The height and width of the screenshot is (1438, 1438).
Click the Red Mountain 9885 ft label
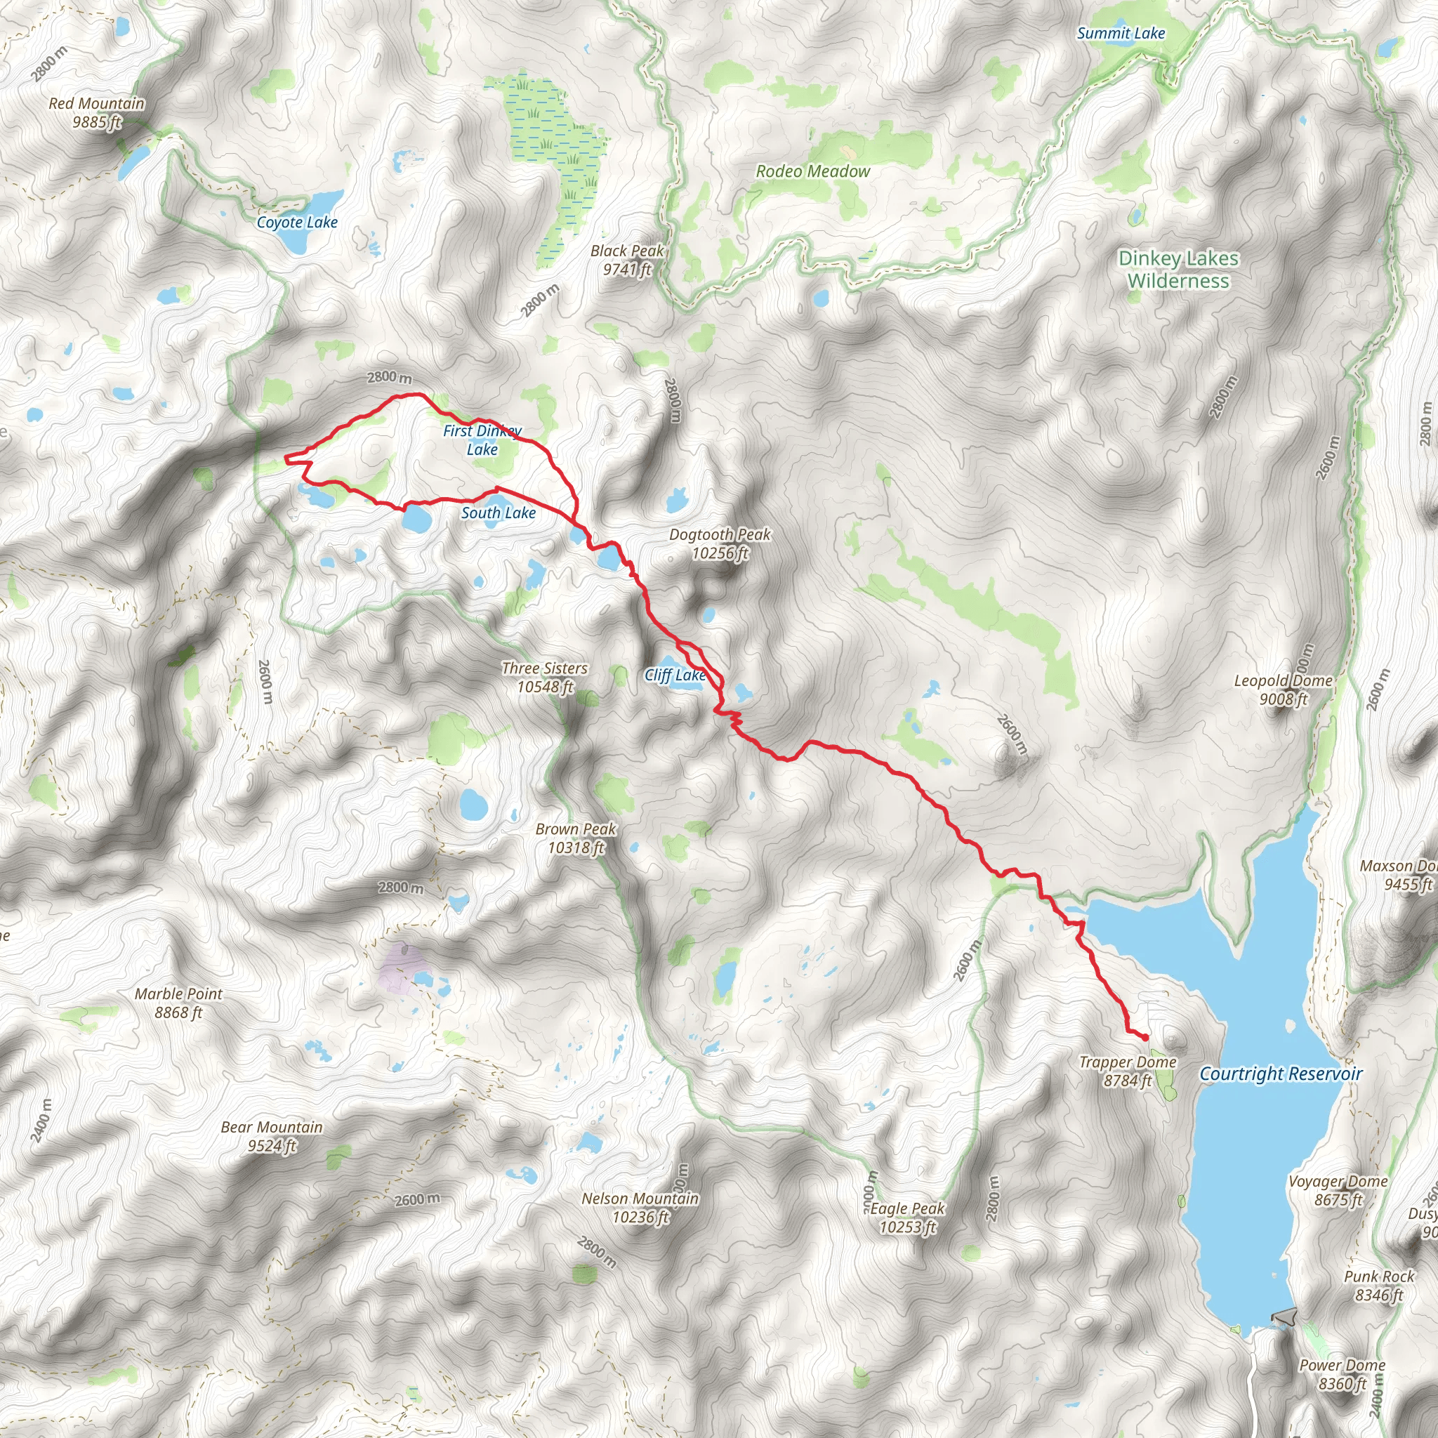tap(97, 112)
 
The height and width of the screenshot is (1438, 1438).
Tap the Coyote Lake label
tap(297, 222)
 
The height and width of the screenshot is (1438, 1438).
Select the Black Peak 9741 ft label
tap(627, 260)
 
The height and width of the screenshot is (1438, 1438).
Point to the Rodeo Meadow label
tap(813, 171)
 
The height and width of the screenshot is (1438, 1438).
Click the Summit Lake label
tap(1121, 34)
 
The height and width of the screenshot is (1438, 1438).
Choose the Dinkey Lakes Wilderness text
tap(1178, 270)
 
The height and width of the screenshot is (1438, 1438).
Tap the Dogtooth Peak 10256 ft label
tap(720, 543)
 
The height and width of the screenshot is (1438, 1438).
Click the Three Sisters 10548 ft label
tap(545, 678)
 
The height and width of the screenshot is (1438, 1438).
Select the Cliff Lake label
tap(674, 675)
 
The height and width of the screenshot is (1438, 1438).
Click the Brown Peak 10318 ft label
tap(576, 838)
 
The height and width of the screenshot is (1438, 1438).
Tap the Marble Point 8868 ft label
tap(178, 1003)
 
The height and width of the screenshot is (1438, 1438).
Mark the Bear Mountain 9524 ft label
tap(272, 1136)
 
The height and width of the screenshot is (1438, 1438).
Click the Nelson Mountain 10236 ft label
tap(640, 1207)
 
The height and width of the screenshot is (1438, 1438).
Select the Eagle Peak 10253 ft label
tap(907, 1218)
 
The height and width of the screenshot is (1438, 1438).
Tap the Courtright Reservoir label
tap(1281, 1074)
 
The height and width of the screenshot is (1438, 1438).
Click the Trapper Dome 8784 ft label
tap(1128, 1071)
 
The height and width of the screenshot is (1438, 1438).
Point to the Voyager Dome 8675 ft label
tap(1338, 1190)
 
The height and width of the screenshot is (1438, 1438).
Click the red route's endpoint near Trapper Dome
tap(1145, 1037)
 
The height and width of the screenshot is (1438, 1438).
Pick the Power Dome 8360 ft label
tap(1342, 1374)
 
